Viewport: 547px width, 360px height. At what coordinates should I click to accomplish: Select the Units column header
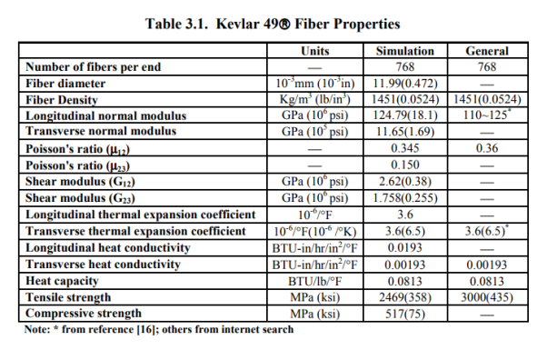click(x=314, y=52)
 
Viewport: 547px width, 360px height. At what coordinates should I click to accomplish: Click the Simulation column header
click(x=404, y=52)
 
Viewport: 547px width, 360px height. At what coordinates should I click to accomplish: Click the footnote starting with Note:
click(x=159, y=328)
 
